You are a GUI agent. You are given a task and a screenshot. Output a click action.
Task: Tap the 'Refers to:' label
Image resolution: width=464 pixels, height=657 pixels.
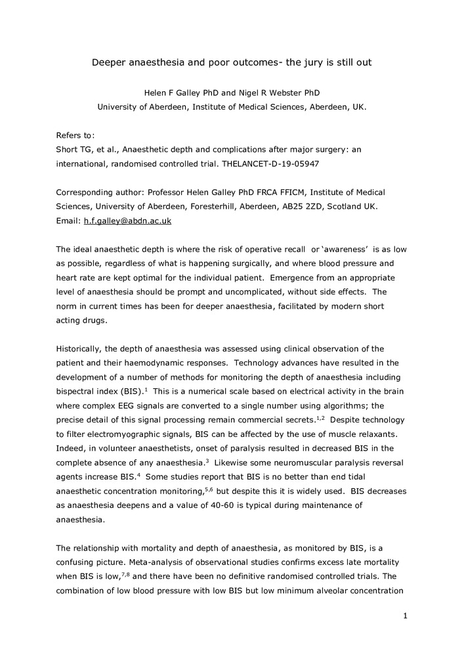[x=75, y=135]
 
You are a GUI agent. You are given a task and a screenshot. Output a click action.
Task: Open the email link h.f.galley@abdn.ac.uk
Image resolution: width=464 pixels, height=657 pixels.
[x=127, y=221]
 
